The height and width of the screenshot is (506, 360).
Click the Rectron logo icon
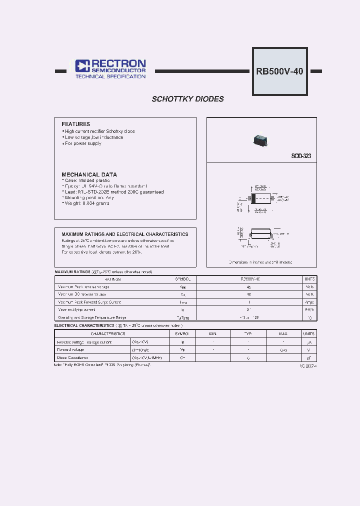pos(82,66)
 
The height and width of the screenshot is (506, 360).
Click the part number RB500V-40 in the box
pos(279,71)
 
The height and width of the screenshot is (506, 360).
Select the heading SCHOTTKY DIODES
pos(187,99)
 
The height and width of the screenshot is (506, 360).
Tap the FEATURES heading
pos(76,124)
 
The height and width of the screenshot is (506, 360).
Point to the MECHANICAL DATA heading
pos(89,174)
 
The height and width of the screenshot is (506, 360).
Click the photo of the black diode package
pos(260,140)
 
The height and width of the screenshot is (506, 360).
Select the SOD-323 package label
pos(301,156)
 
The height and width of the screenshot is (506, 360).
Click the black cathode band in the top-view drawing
pos(253,198)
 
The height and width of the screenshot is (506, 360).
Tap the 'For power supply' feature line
pos(82,143)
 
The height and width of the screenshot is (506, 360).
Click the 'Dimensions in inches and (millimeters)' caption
pos(260,262)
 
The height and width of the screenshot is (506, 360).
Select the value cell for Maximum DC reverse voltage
pos(248,295)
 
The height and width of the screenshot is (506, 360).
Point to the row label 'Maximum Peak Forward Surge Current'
pos(89,302)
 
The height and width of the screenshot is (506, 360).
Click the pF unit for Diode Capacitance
pos(309,357)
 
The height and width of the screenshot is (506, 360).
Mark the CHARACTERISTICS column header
pos(108,333)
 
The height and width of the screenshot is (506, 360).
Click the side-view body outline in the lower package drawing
pos(259,233)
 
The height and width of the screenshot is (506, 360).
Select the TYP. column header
pos(248,333)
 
